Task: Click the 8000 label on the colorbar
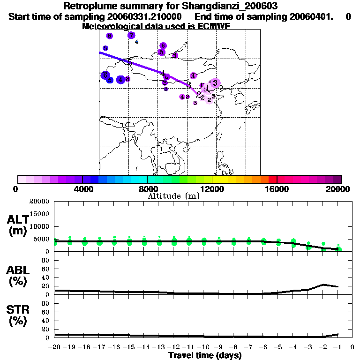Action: [147, 189]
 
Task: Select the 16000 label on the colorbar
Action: [277, 189]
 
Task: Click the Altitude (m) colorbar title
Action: [173, 196]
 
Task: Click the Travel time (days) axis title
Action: [205, 356]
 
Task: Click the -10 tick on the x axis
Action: [204, 347]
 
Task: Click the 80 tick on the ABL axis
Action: [46, 260]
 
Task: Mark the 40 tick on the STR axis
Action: [46, 320]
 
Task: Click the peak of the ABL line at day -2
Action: [323, 285]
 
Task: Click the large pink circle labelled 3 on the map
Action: [215, 83]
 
